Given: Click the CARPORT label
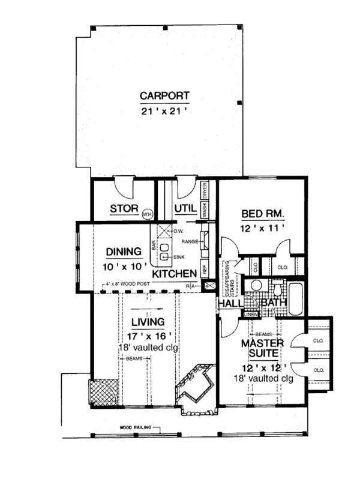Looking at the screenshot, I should (x=164, y=95).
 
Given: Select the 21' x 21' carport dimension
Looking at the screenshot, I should (x=164, y=110).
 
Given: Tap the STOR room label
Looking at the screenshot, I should (x=125, y=209).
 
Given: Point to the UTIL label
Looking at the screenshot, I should (x=185, y=208).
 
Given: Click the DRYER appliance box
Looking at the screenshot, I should (x=205, y=190).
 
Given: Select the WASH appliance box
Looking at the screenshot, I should (x=205, y=209).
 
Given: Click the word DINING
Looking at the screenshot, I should (x=123, y=252).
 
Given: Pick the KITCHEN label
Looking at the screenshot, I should (x=175, y=273).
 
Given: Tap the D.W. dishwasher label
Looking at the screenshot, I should (x=178, y=231).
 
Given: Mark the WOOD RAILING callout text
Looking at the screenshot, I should (x=134, y=428).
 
